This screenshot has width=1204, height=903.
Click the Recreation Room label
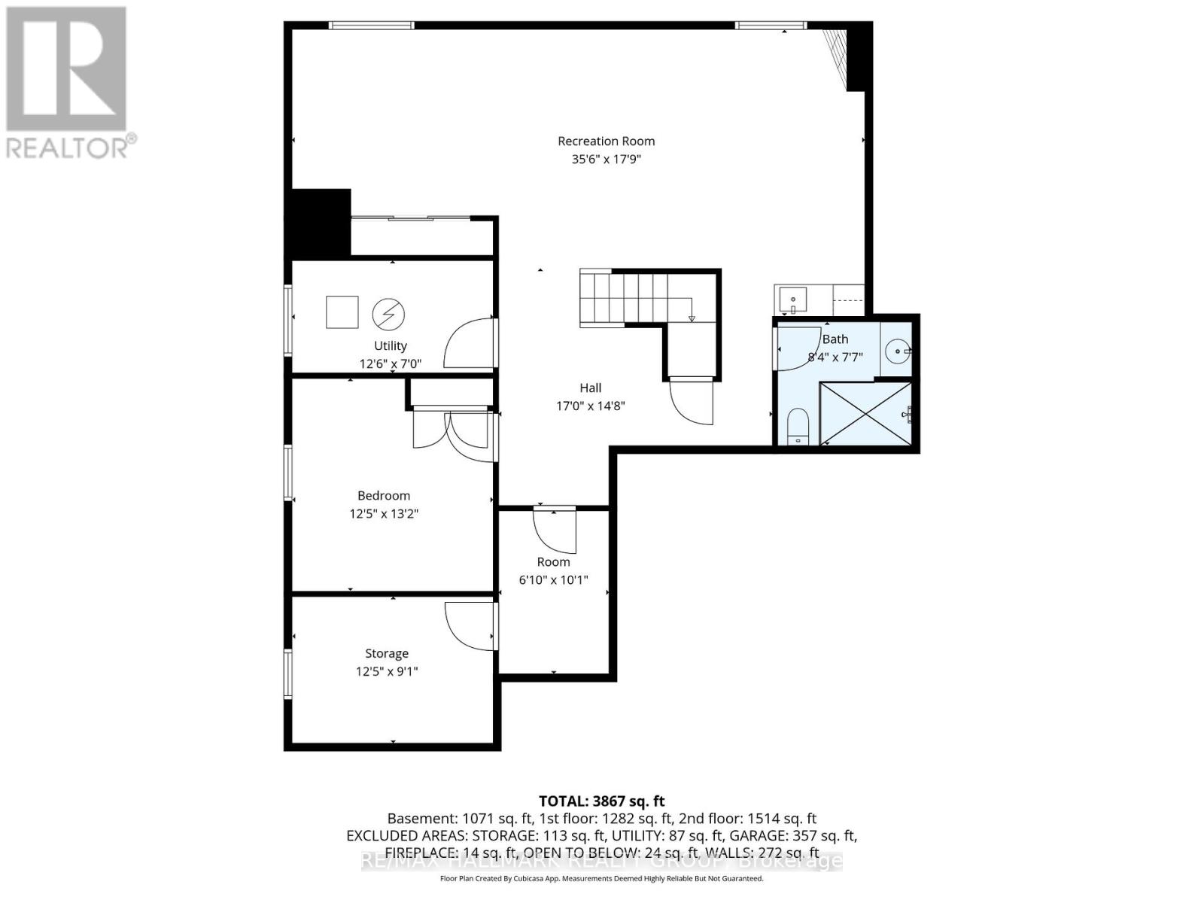click(x=606, y=141)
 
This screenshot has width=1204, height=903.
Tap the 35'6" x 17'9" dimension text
click(x=606, y=160)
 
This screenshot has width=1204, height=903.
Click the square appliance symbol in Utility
click(x=342, y=312)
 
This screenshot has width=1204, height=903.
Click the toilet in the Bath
click(x=797, y=427)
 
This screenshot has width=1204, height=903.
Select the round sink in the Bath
click(x=897, y=351)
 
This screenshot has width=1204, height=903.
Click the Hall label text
click(x=590, y=388)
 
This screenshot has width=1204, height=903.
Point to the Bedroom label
click(x=384, y=495)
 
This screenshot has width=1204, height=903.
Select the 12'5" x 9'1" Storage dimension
click(x=387, y=671)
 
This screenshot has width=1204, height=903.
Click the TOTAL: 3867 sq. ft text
click(x=601, y=801)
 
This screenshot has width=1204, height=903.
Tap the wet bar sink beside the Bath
click(x=792, y=299)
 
